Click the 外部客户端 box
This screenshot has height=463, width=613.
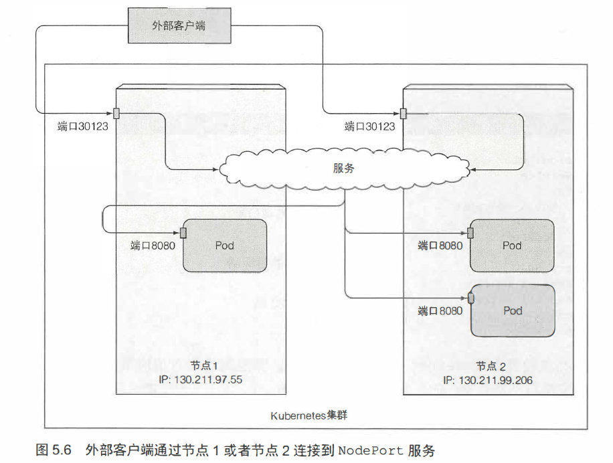pos(180,26)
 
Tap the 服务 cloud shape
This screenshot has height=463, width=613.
pos(343,169)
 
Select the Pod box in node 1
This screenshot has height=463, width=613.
pos(225,246)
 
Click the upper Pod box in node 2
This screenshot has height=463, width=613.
pos(512,246)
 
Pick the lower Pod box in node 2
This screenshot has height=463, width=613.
pos(512,310)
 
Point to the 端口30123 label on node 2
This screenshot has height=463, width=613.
pos(369,126)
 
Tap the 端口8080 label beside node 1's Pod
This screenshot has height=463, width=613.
pos(153,246)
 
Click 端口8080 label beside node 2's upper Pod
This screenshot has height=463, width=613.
pos(440,246)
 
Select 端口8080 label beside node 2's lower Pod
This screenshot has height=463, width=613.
pos(440,310)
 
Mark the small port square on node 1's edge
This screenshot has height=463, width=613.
pos(116,112)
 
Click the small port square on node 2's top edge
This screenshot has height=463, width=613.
pos(404,112)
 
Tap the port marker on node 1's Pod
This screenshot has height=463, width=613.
pos(183,233)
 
